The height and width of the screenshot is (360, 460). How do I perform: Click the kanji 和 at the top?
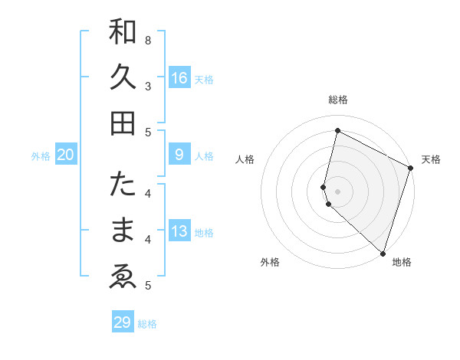point(123,33)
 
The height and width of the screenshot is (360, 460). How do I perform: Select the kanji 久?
point(123,77)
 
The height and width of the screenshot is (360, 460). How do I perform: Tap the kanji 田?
point(123,122)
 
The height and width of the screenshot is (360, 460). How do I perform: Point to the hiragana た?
point(123,185)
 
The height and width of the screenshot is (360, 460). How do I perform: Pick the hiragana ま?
point(123,230)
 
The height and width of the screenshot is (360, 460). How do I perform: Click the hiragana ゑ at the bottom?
point(123,275)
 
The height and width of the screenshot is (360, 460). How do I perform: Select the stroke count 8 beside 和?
point(148,40)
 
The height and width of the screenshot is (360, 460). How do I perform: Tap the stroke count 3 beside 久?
point(148,86)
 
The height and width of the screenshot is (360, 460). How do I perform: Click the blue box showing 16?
point(179,77)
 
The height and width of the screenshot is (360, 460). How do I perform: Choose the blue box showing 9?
point(179,155)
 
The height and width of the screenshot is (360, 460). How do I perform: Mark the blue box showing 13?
point(179,231)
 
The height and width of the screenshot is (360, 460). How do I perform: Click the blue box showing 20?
point(66,155)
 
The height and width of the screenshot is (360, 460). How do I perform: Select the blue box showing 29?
point(123,322)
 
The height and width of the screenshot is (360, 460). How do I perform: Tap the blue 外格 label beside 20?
point(41,156)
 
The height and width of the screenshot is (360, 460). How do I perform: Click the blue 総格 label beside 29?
point(147,324)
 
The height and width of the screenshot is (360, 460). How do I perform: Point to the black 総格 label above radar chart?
point(338,100)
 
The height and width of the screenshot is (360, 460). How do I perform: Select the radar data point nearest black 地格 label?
point(383,253)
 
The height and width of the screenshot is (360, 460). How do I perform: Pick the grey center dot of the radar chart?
point(338,191)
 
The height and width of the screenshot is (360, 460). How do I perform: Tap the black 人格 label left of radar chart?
point(245,159)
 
